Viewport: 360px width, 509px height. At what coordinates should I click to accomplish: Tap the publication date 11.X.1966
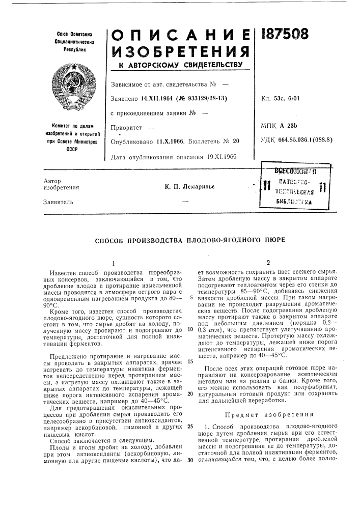[157, 141]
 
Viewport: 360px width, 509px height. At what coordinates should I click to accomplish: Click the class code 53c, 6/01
[292, 98]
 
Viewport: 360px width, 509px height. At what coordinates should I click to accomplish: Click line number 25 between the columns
[189, 426]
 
